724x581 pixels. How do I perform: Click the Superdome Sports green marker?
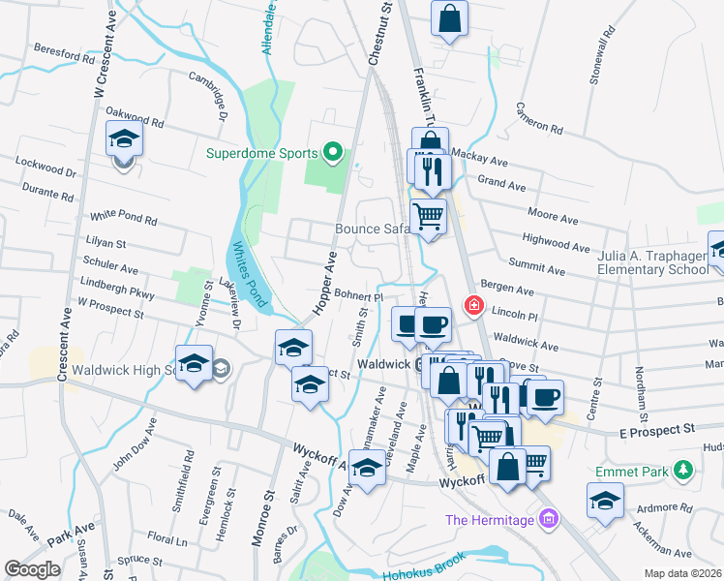click(333, 152)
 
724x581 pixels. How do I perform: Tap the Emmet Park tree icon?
click(684, 469)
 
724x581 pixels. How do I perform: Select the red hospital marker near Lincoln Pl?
click(473, 307)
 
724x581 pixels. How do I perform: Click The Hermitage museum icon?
click(550, 520)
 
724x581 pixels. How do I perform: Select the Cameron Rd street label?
click(539, 117)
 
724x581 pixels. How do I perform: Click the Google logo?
click(32, 569)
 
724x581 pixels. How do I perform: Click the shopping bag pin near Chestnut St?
click(450, 19)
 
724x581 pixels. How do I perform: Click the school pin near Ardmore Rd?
click(605, 502)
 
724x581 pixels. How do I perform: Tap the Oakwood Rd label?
click(135, 123)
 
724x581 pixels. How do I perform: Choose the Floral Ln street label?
click(167, 539)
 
